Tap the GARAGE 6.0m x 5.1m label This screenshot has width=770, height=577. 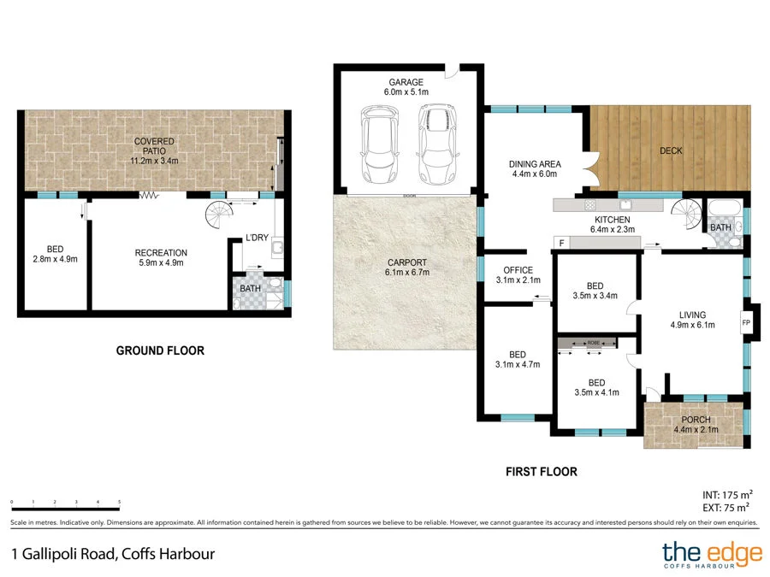pos(406,87)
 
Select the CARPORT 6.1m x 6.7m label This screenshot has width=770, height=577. pos(406,268)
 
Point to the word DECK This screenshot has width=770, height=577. pos(671,151)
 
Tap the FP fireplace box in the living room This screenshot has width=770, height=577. pos(746,323)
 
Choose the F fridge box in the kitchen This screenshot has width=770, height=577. pos(561,244)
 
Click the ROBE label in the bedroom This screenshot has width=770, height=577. pos(593,343)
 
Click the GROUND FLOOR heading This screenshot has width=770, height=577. pos(160,350)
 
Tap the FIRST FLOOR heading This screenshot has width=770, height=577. pos(541,471)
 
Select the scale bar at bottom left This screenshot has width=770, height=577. pos(65,503)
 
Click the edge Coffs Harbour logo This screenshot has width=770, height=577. pos(712,556)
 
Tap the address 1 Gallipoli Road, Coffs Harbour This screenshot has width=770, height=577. pos(113,553)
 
